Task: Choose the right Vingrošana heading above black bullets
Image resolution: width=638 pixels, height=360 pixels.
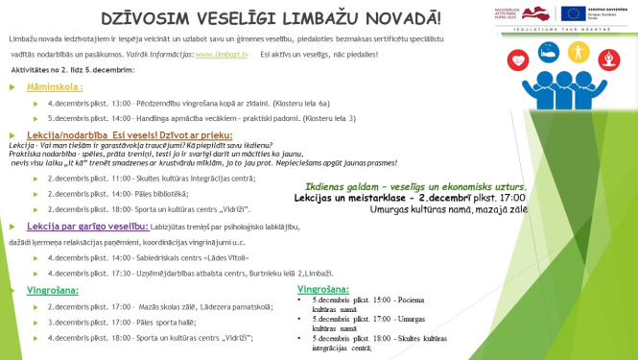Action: (321, 287)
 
